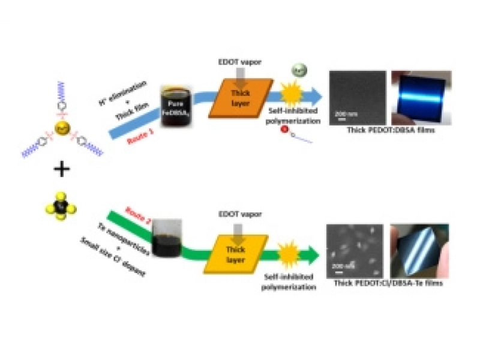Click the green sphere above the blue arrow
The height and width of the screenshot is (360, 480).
[x=299, y=71]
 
